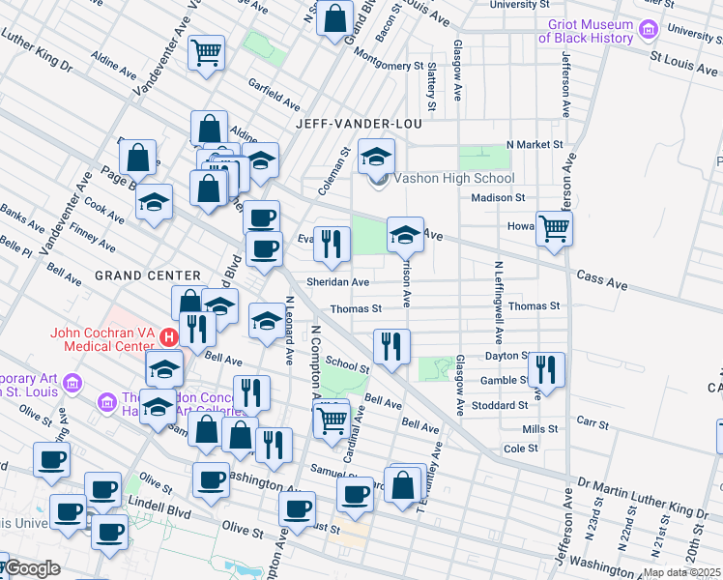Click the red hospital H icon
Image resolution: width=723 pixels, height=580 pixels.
pyautogui.click(x=168, y=337)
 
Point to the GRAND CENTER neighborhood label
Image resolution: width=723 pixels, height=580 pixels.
pyautogui.click(x=147, y=275)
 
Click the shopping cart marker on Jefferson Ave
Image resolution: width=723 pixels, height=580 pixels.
pyautogui.click(x=554, y=229)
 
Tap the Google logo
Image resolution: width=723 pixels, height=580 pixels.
pyautogui.click(x=32, y=568)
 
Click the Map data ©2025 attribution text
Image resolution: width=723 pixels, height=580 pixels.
pyautogui.click(x=681, y=572)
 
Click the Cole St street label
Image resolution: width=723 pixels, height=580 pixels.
pyautogui.click(x=520, y=449)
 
